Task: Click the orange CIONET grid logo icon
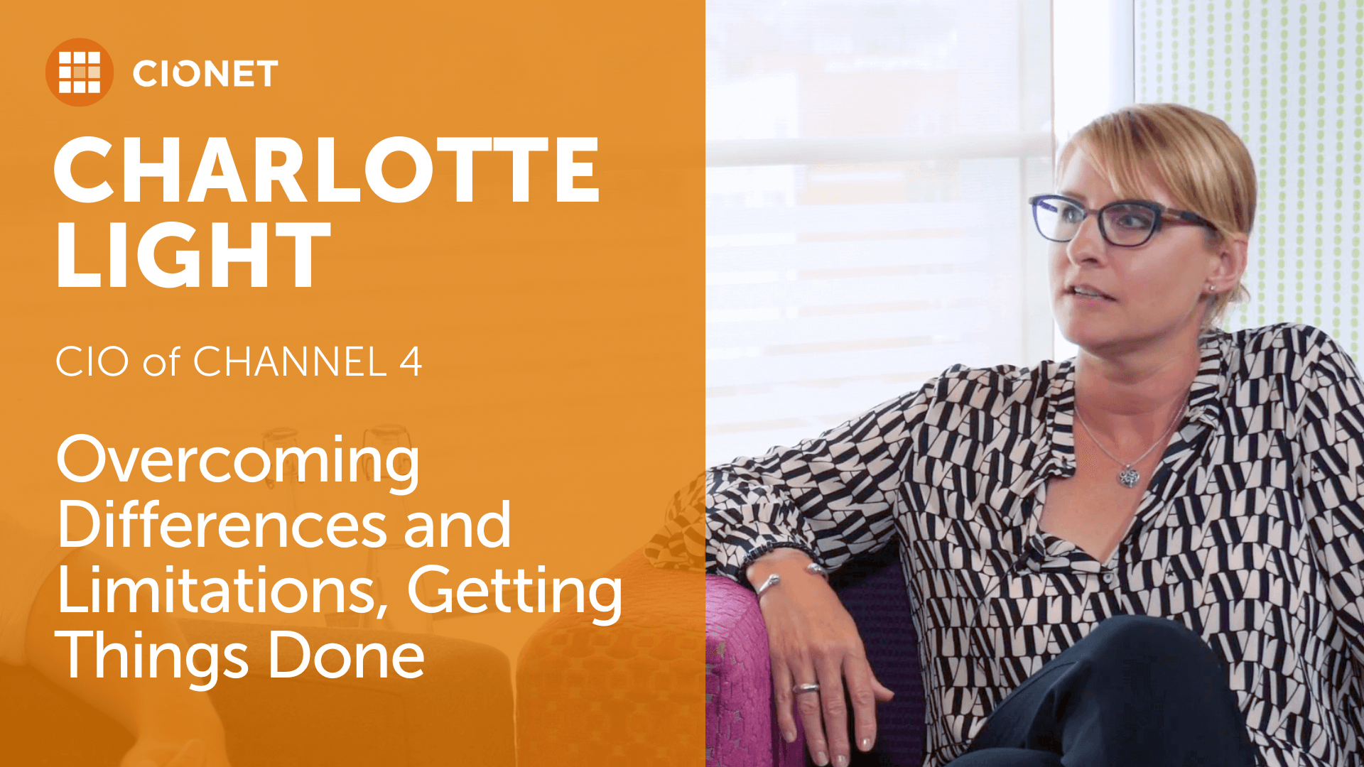pyautogui.click(x=80, y=72)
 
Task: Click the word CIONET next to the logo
pyautogui.click(x=205, y=74)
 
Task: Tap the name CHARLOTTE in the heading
pyautogui.click(x=328, y=170)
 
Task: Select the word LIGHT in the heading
pyautogui.click(x=193, y=254)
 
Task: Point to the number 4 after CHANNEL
pyautogui.click(x=411, y=361)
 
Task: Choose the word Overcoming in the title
pyautogui.click(x=238, y=462)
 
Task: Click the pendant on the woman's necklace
pyautogui.click(x=1129, y=475)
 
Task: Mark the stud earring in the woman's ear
pyautogui.click(x=1212, y=288)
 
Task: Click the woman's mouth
pyautogui.click(x=1089, y=292)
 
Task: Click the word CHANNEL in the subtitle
pyautogui.click(x=290, y=361)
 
